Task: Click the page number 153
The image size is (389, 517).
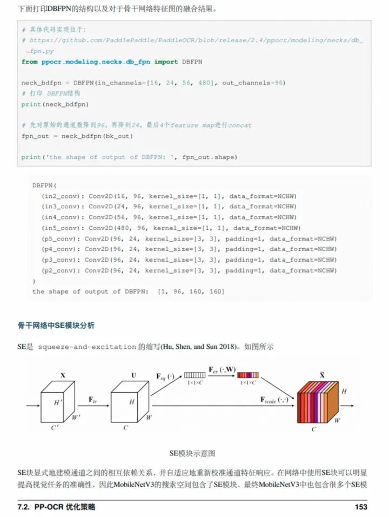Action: [361, 507]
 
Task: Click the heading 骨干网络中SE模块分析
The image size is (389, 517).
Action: [56, 326]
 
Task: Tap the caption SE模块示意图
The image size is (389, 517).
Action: [192, 453]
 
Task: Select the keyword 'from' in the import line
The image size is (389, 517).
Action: [29, 62]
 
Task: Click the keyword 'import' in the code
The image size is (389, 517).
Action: [166, 62]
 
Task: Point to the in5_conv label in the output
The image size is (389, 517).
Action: [61, 228]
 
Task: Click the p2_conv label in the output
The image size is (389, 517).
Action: [61, 270]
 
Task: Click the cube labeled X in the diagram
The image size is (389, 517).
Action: [58, 402]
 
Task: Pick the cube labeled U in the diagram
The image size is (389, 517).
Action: [130, 402]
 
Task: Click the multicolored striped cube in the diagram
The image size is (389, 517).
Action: [318, 402]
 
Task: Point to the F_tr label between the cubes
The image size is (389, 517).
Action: [92, 400]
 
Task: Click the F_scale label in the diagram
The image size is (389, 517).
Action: [274, 400]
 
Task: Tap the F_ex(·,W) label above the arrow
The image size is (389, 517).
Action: [223, 369]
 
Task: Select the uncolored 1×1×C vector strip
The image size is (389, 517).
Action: [194, 375]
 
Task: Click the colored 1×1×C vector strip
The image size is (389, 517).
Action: [248, 375]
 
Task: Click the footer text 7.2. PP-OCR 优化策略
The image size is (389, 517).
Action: [56, 507]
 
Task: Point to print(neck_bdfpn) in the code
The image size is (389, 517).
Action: [55, 104]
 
